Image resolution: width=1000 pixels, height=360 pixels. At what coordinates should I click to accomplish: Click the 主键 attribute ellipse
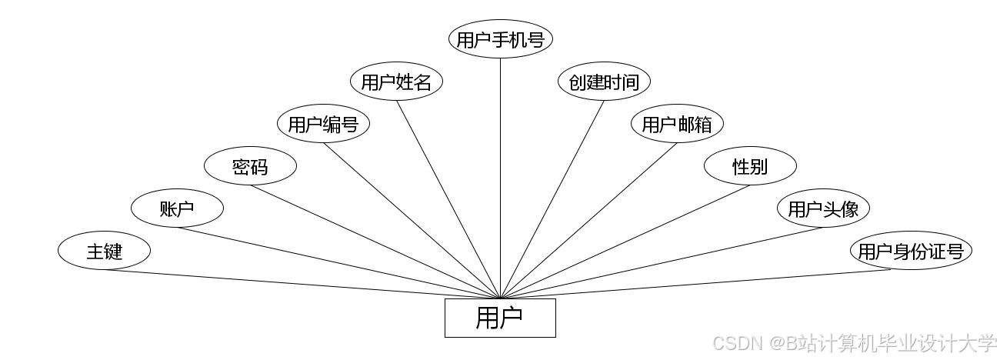104,251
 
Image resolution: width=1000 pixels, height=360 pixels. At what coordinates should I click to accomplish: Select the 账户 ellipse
177,208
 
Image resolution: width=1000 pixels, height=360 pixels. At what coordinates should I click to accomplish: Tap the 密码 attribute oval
250,166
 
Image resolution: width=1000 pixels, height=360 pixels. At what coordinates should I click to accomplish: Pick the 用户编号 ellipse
323,125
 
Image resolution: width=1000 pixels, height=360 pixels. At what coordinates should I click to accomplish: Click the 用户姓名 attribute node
396,82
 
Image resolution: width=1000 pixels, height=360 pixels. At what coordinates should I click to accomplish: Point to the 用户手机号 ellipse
501,40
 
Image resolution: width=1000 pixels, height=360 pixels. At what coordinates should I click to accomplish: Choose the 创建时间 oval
604,82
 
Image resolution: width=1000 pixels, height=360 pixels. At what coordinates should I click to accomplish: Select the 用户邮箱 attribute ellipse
677,125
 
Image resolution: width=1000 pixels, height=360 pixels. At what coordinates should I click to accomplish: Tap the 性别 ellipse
750,166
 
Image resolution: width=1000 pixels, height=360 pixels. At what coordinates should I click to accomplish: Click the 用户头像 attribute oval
823,208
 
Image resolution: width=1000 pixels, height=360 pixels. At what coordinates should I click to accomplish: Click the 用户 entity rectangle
500,318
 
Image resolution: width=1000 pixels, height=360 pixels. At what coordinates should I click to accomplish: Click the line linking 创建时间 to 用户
552,198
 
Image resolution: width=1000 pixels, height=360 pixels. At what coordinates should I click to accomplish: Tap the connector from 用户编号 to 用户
412,220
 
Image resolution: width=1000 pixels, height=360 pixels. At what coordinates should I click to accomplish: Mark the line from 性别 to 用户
625,242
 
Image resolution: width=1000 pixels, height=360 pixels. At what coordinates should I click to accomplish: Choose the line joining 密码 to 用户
375,242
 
